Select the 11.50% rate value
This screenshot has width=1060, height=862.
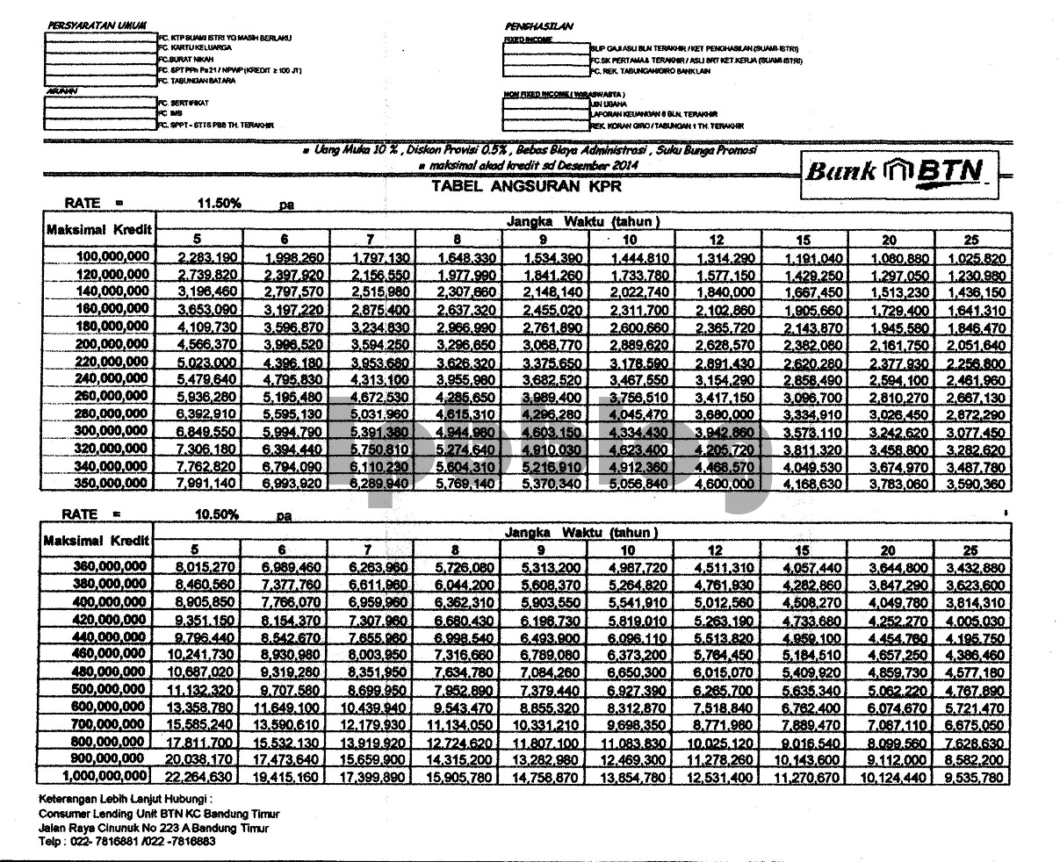click(x=219, y=204)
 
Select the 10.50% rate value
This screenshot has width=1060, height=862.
click(x=219, y=514)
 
